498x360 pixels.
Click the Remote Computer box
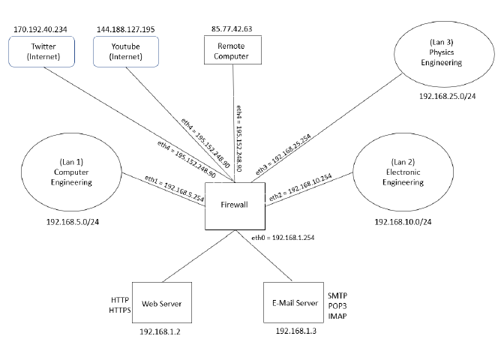coord(232,51)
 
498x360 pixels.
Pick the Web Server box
coord(160,303)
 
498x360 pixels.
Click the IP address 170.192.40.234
coord(41,29)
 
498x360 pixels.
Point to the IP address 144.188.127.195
coord(126,29)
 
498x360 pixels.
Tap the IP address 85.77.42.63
coord(232,29)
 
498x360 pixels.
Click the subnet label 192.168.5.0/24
coord(74,222)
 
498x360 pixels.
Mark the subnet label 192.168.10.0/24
coord(403,222)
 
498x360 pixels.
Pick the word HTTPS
coord(120,310)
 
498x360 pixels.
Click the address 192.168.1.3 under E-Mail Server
coord(296,331)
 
